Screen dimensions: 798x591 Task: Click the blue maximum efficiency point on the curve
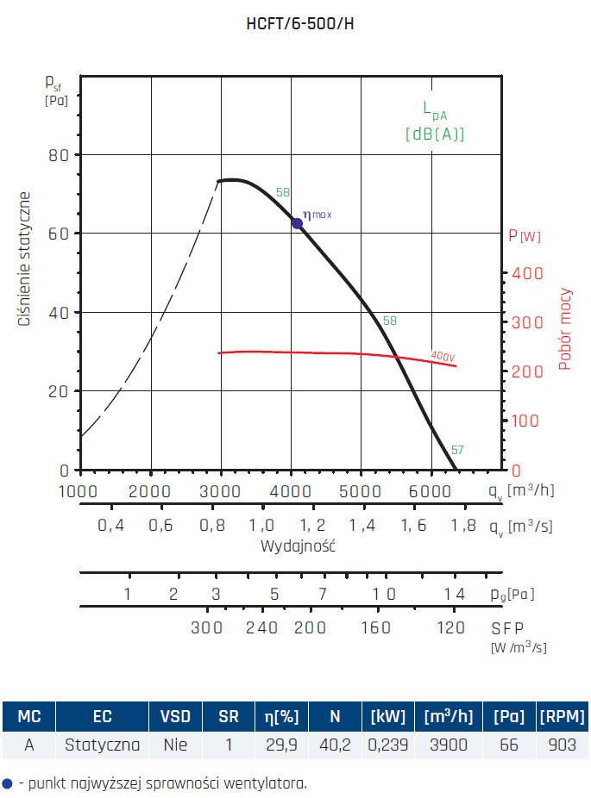click(298, 223)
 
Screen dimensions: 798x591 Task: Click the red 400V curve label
click(443, 355)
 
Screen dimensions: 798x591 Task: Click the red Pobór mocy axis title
click(565, 329)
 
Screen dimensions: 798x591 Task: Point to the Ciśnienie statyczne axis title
click(25, 259)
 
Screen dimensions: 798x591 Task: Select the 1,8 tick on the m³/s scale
click(463, 526)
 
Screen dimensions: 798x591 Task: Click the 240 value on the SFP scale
click(262, 627)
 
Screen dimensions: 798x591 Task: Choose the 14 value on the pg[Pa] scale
click(455, 594)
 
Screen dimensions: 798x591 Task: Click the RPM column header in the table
click(561, 716)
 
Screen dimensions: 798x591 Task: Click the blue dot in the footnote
click(8, 783)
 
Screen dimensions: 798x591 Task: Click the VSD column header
click(176, 716)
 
